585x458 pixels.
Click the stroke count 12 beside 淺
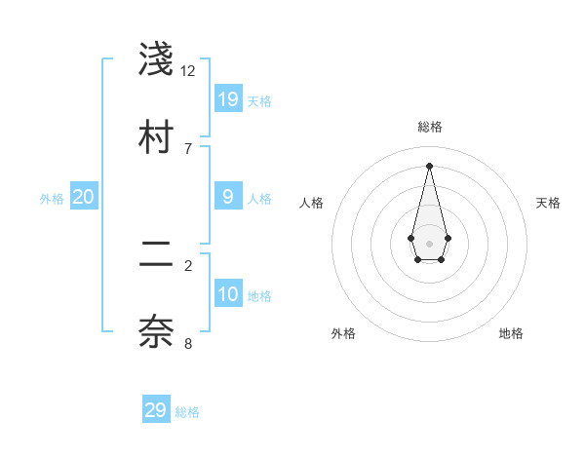tap(188, 70)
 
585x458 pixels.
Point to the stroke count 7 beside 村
tap(188, 148)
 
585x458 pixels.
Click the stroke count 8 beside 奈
tap(188, 343)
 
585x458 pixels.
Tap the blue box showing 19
tap(228, 98)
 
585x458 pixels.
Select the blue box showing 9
tap(228, 196)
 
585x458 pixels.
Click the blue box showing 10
tap(228, 294)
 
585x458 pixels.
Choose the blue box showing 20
tap(84, 197)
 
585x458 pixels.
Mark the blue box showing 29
tap(156, 410)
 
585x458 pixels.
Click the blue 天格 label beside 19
tap(259, 100)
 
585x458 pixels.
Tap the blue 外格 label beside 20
tap(52, 199)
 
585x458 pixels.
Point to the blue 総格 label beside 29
tap(187, 412)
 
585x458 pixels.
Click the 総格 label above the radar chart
tap(430, 127)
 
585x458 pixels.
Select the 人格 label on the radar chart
tap(312, 203)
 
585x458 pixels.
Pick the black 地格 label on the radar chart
tap(511, 333)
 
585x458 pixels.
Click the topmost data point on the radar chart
tap(429, 166)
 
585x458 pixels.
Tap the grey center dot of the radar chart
tap(429, 242)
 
